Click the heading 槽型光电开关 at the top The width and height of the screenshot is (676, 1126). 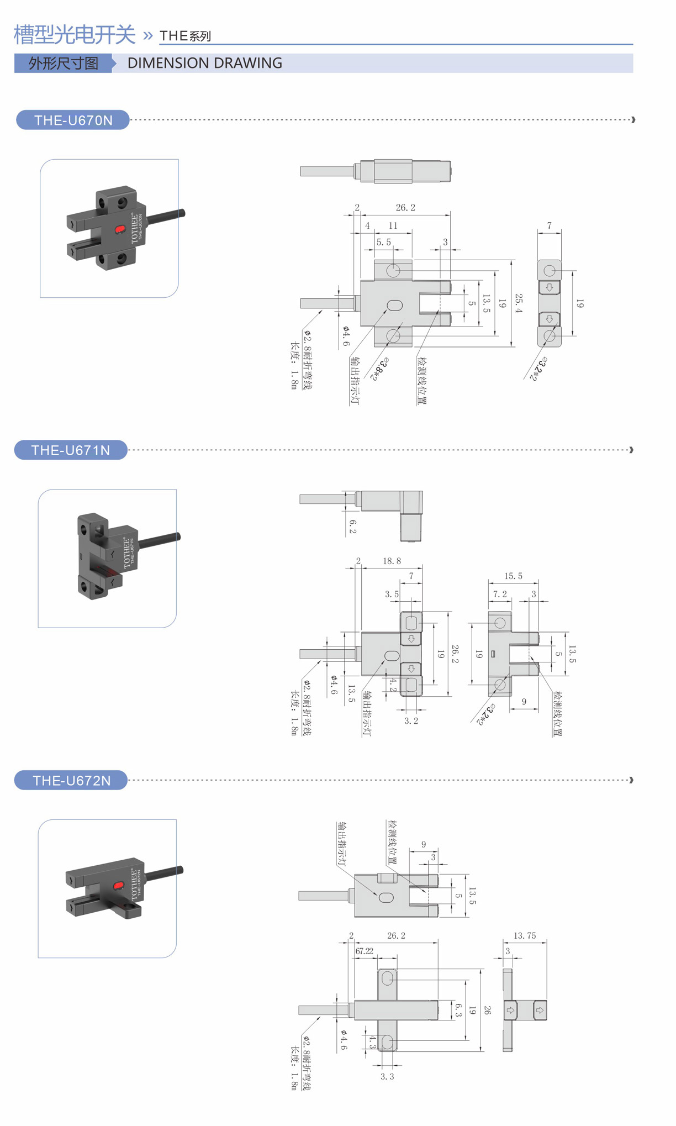click(x=75, y=34)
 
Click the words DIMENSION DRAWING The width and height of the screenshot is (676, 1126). click(x=204, y=63)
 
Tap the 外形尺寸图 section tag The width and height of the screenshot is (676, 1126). click(x=64, y=64)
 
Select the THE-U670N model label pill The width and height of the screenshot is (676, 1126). click(x=73, y=120)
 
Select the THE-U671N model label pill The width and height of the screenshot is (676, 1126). click(x=71, y=450)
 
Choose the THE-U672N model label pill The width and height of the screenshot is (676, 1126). click(x=71, y=780)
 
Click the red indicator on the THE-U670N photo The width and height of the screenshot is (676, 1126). click(x=119, y=229)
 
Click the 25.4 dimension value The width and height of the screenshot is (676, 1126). click(x=518, y=303)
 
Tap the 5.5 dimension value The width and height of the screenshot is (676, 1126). click(x=383, y=242)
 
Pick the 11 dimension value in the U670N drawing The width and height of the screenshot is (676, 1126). click(x=393, y=225)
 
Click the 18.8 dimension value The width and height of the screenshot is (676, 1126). click(x=392, y=561)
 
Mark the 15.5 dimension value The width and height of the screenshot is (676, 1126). click(x=513, y=576)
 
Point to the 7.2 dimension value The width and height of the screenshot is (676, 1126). click(x=500, y=594)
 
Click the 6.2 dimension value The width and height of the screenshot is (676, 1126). click(x=352, y=527)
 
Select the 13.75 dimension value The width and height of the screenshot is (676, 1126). click(x=524, y=935)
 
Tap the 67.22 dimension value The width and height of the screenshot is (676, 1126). click(x=364, y=951)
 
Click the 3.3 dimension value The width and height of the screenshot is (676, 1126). click(x=387, y=1076)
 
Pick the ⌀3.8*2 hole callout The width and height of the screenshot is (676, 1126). click(x=379, y=369)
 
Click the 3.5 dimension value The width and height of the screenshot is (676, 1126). click(x=392, y=594)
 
